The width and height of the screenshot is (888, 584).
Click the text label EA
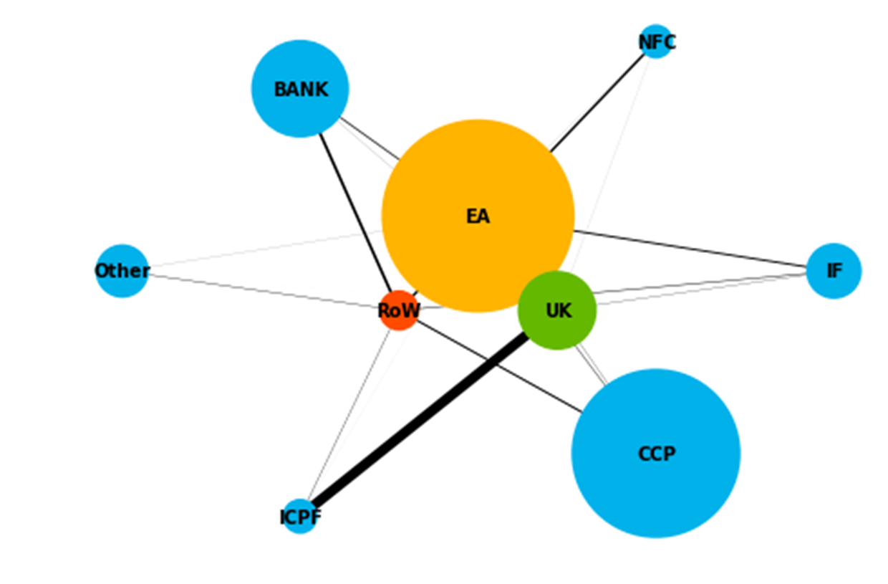coord(478,216)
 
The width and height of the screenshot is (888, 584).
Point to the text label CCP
coord(656,454)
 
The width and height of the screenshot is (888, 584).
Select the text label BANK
coord(301,90)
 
